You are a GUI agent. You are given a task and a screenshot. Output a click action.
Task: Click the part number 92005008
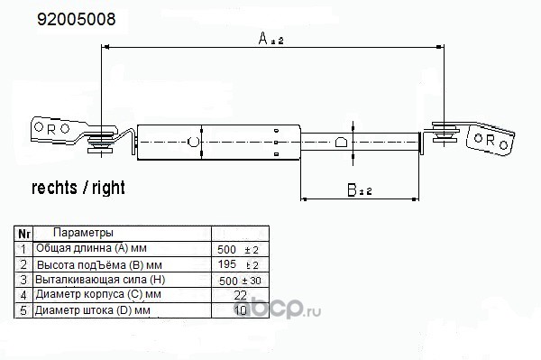(x=77, y=19)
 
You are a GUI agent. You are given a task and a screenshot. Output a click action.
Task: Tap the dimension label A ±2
(x=270, y=38)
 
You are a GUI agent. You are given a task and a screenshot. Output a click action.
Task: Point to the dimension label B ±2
(x=360, y=189)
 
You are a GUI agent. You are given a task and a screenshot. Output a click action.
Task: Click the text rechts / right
(x=78, y=188)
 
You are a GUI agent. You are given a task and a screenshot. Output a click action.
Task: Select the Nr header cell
(x=23, y=234)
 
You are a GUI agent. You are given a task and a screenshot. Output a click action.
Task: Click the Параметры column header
(x=83, y=233)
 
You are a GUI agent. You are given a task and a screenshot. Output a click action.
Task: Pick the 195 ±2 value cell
(x=238, y=264)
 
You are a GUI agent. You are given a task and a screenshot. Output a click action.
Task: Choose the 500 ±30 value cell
(x=240, y=281)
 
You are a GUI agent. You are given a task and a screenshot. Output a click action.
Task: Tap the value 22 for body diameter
(x=240, y=295)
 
